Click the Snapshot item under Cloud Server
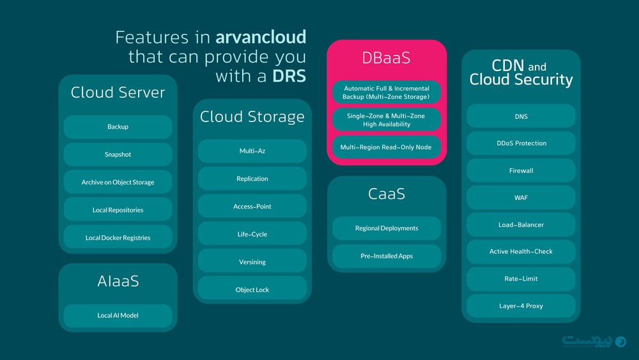click(x=118, y=155)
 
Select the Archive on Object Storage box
click(x=118, y=182)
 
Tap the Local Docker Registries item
click(x=118, y=238)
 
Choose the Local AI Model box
click(x=118, y=315)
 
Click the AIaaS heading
click(x=118, y=281)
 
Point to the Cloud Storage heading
click(x=252, y=116)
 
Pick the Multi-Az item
click(x=252, y=152)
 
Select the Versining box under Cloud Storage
click(x=252, y=262)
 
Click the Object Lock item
click(x=252, y=290)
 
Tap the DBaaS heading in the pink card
click(x=386, y=58)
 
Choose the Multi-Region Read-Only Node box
click(x=386, y=147)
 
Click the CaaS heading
click(x=386, y=194)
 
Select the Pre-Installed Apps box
click(x=386, y=256)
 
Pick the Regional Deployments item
click(x=386, y=228)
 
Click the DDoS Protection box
click(x=521, y=143)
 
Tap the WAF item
click(x=521, y=198)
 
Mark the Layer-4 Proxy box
click(x=521, y=306)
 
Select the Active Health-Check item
click(x=521, y=251)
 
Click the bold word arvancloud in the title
click(x=261, y=37)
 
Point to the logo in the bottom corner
click(x=594, y=341)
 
